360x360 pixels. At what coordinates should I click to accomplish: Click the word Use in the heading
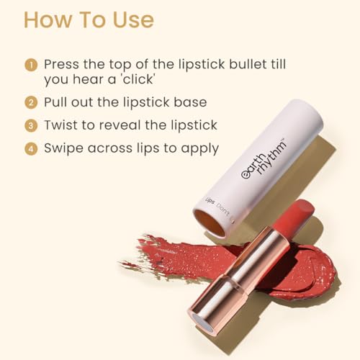click(133, 20)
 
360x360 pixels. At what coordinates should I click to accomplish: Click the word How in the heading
click(48, 20)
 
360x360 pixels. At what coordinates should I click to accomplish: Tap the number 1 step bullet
click(31, 65)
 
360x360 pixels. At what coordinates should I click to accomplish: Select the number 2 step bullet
click(31, 102)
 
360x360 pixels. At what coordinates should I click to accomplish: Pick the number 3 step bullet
click(31, 125)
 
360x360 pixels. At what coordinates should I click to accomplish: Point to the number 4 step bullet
click(31, 148)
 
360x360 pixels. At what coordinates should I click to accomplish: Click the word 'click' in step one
click(138, 79)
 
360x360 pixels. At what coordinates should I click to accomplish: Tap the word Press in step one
click(61, 64)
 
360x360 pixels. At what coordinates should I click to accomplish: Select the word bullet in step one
click(248, 64)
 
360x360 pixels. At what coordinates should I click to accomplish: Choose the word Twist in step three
click(61, 125)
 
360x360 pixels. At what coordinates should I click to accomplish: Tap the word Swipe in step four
click(64, 149)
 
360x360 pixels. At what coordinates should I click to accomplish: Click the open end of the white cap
click(210, 222)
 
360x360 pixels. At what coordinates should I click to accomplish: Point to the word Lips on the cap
click(210, 201)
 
